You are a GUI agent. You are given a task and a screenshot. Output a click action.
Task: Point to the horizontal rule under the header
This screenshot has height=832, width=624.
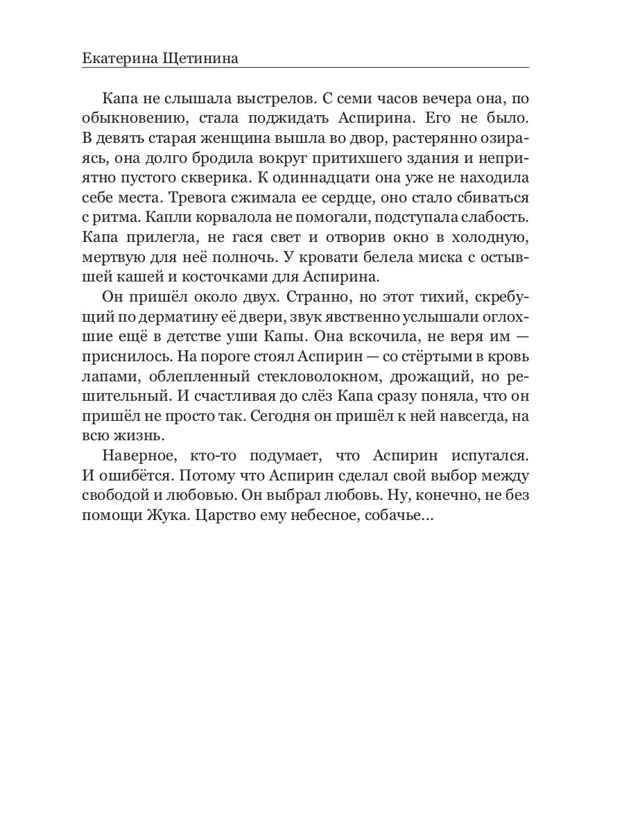(305, 68)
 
